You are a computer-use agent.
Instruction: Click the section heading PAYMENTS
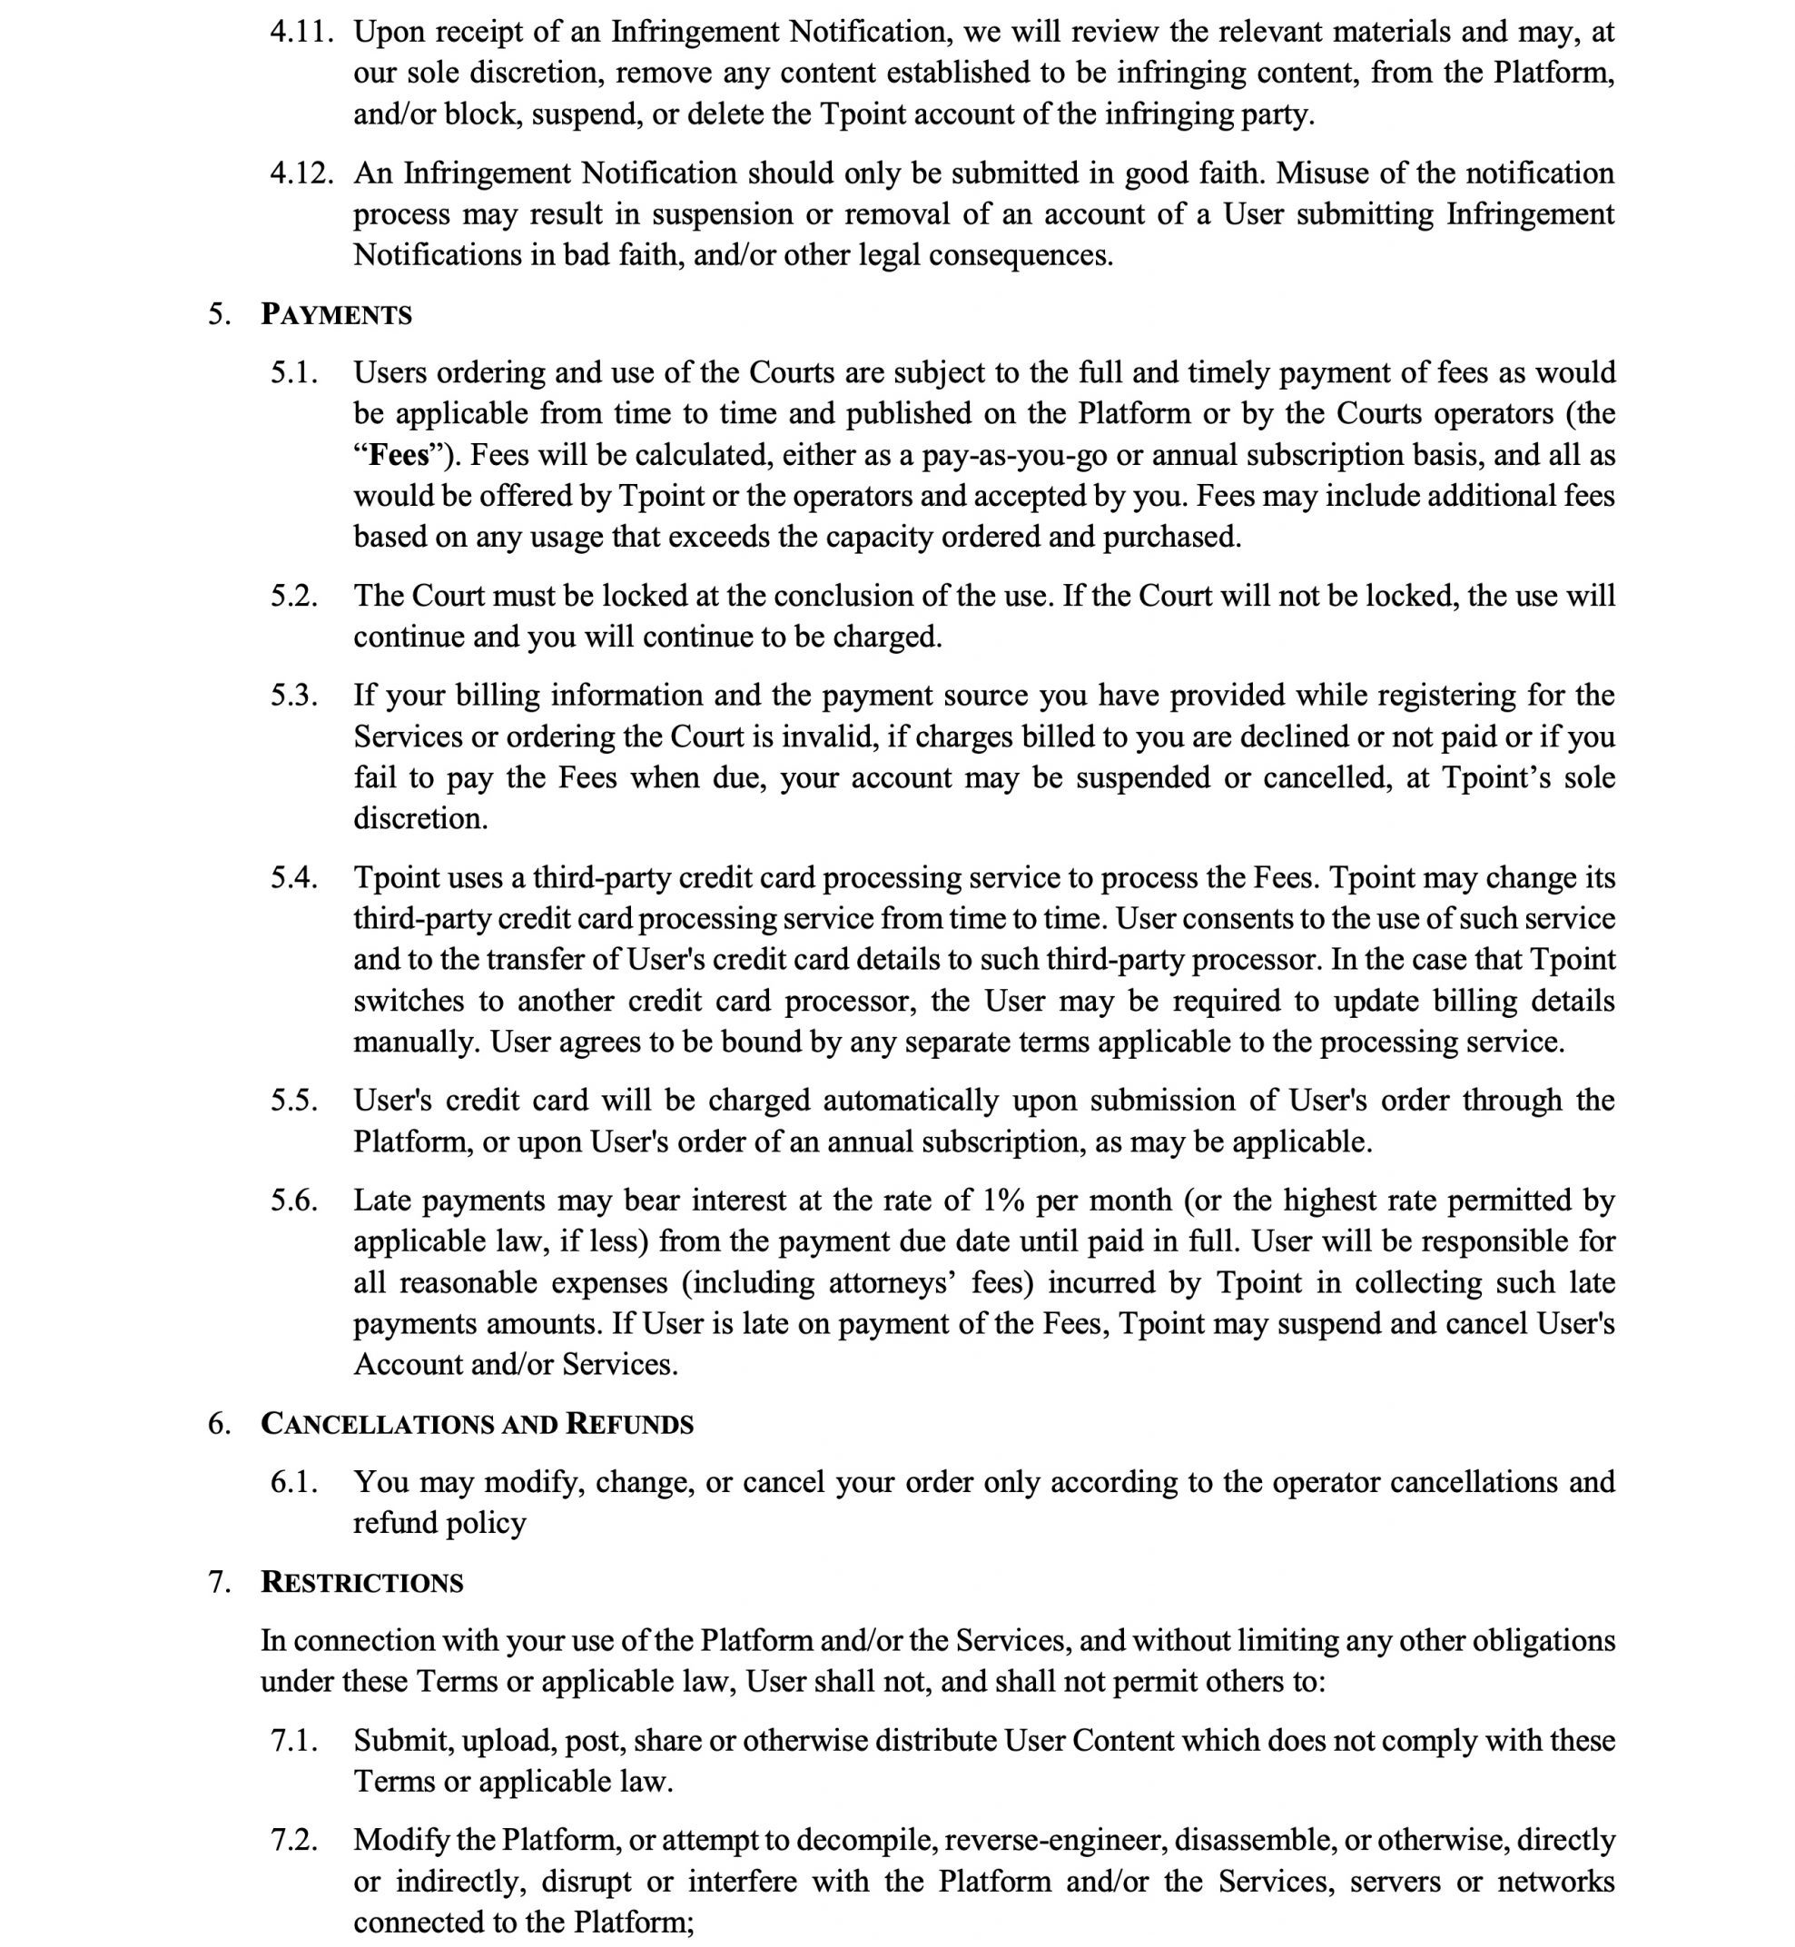point(336,315)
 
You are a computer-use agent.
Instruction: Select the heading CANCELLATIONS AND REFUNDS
point(477,1424)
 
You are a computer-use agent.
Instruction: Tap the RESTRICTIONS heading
point(361,1583)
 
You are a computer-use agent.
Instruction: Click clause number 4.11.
point(302,32)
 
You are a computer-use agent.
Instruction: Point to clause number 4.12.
point(302,173)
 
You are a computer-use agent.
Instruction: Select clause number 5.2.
point(294,596)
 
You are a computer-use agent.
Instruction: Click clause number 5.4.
point(294,877)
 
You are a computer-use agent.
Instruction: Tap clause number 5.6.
point(294,1200)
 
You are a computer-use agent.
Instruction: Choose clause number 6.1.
point(294,1482)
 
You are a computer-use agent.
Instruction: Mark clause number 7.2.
point(294,1839)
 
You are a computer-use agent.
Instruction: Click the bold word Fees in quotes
point(399,456)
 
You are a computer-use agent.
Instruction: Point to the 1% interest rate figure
point(1003,1200)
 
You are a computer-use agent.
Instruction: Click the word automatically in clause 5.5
point(911,1100)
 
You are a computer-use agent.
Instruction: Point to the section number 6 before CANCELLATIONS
point(219,1424)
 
